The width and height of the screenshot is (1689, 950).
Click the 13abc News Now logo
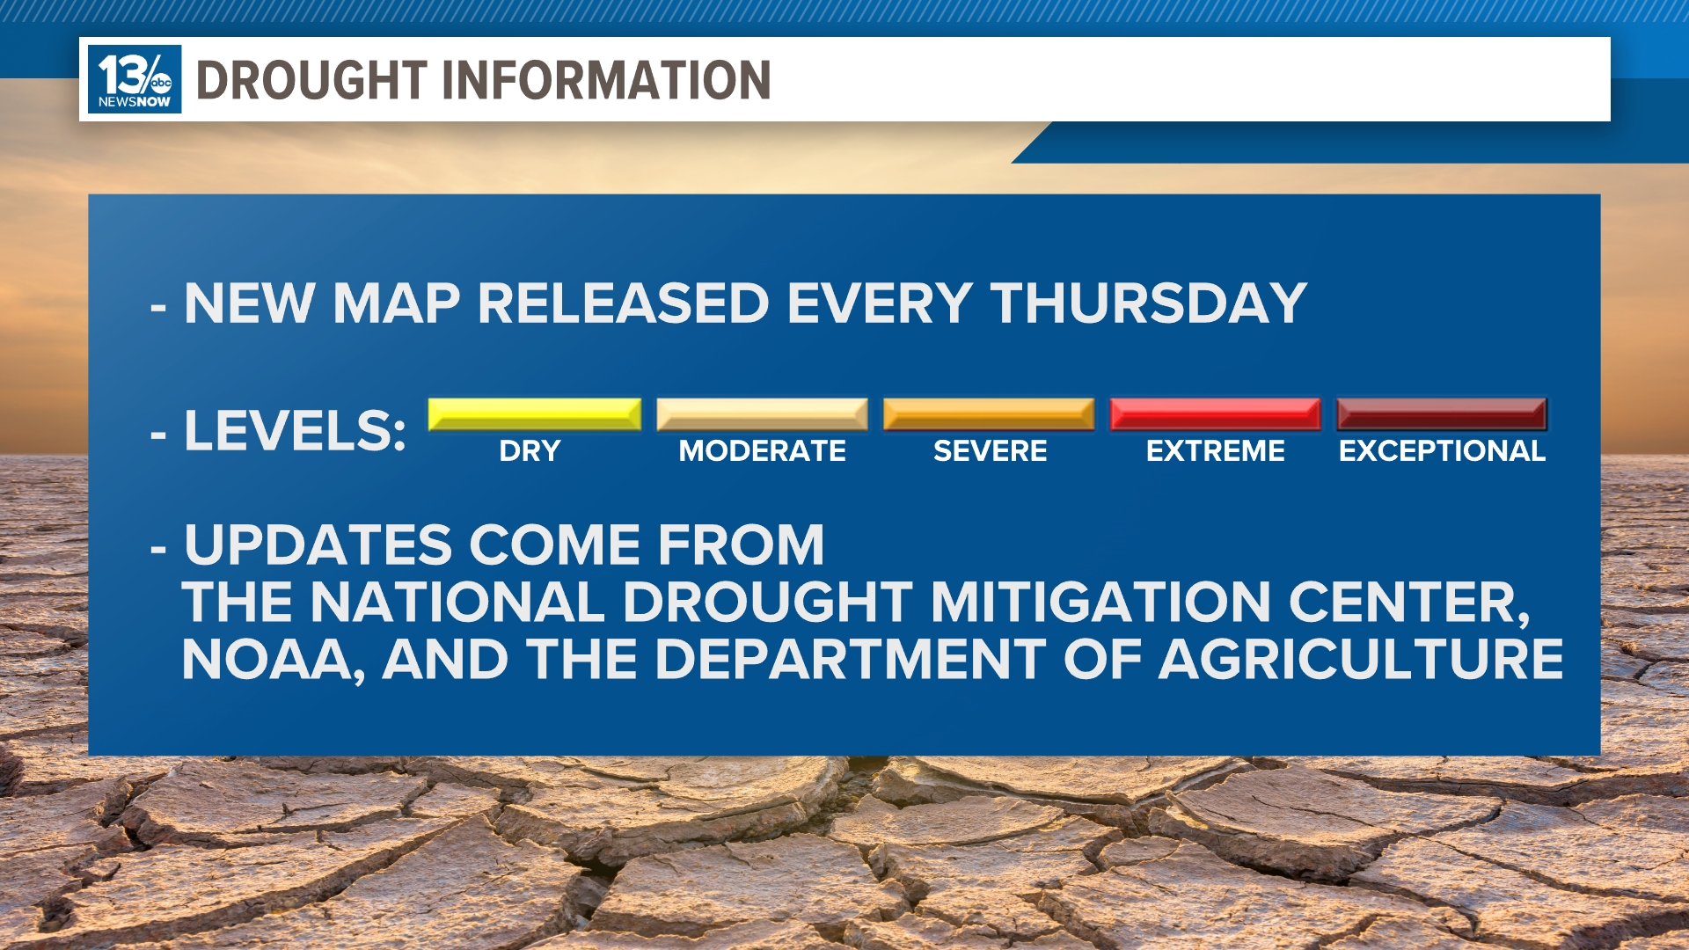pyautogui.click(x=135, y=79)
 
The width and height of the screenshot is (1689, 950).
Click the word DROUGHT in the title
pyautogui.click(x=311, y=80)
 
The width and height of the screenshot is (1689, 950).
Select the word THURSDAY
pyautogui.click(x=1148, y=303)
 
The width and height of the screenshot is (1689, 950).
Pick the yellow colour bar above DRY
pyautogui.click(x=534, y=413)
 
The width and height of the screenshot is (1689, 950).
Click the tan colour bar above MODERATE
pyautogui.click(x=762, y=413)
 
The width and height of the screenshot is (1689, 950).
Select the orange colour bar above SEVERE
pyautogui.click(x=989, y=413)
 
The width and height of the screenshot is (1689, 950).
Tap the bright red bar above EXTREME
pyautogui.click(x=1215, y=413)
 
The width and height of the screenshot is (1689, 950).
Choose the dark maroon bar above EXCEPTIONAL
pyautogui.click(x=1441, y=413)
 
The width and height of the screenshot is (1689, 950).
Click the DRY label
pyautogui.click(x=530, y=451)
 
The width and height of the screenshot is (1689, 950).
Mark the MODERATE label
pyautogui.click(x=762, y=451)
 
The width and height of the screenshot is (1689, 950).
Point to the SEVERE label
pyautogui.click(x=990, y=451)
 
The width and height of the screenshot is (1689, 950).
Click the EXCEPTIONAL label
pyautogui.click(x=1442, y=451)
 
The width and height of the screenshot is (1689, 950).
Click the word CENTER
pyautogui.click(x=1407, y=603)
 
